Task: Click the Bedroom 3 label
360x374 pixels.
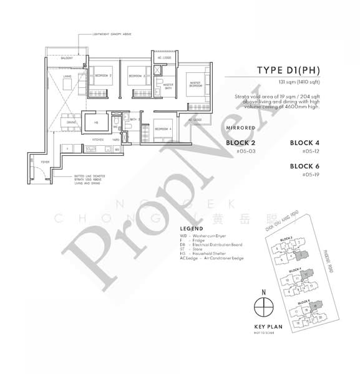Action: tap(103, 75)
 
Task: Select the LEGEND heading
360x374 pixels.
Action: tap(191, 229)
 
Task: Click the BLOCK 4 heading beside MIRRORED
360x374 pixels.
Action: tap(305, 143)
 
